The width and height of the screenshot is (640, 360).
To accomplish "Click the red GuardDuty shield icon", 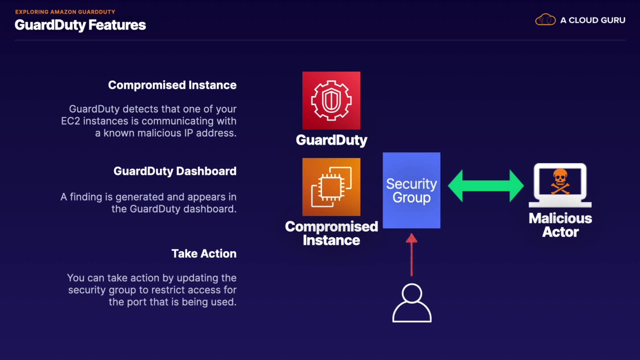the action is (x=331, y=100).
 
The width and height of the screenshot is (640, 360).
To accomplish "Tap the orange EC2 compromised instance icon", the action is (x=331, y=187).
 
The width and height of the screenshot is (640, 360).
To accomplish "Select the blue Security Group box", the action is (x=411, y=190).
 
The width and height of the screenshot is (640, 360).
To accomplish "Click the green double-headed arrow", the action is (x=486, y=186).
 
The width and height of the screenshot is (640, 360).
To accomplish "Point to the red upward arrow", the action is (x=411, y=255).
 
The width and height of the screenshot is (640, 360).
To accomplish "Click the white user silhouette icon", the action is (x=412, y=303).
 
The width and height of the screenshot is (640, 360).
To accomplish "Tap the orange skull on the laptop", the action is (x=560, y=181).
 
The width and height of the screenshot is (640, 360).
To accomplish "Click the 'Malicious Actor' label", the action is (x=560, y=225).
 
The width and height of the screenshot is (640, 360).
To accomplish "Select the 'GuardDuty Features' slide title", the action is (x=80, y=25).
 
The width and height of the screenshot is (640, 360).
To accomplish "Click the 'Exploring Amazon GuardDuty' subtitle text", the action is (x=65, y=12).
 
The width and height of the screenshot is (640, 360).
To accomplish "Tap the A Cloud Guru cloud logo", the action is (x=545, y=20).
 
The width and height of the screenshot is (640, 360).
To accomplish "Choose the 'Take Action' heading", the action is (x=204, y=254).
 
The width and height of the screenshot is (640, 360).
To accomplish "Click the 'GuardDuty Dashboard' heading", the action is (x=175, y=171).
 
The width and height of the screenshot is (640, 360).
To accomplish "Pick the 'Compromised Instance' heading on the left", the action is (x=172, y=85).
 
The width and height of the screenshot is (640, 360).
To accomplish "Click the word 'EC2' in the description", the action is (x=71, y=121).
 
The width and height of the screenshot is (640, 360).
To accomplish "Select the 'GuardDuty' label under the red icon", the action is (x=332, y=140).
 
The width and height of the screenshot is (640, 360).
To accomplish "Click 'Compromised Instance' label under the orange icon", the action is (x=332, y=233).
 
